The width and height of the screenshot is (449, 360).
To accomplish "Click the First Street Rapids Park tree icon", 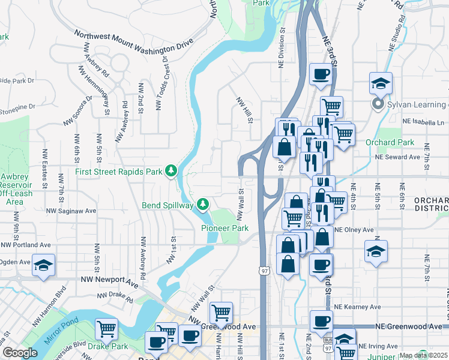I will pyautogui.click(x=171, y=171).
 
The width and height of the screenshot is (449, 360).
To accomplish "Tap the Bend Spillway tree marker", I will pyautogui.click(x=203, y=205).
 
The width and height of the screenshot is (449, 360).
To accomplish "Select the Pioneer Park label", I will pyautogui.click(x=224, y=229).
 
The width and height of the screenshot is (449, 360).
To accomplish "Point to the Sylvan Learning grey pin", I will pyautogui.click(x=378, y=105).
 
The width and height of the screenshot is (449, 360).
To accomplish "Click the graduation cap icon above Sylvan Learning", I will pyautogui.click(x=381, y=83).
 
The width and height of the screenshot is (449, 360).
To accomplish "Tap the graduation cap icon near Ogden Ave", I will pyautogui.click(x=43, y=265).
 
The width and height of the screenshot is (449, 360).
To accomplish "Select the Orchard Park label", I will pyautogui.click(x=390, y=143).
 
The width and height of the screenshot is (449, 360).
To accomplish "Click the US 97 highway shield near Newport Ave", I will pyautogui.click(x=264, y=271).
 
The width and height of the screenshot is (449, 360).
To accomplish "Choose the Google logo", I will pyautogui.click(x=19, y=353).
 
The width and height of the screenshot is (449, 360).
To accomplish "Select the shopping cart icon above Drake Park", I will pyautogui.click(x=106, y=328).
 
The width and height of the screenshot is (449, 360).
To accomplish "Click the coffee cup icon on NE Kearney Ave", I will pyautogui.click(x=321, y=321).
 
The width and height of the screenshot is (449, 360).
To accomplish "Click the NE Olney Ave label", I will pyautogui.click(x=354, y=230).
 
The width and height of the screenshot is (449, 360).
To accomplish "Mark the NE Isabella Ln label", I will pyautogui.click(x=423, y=121).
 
